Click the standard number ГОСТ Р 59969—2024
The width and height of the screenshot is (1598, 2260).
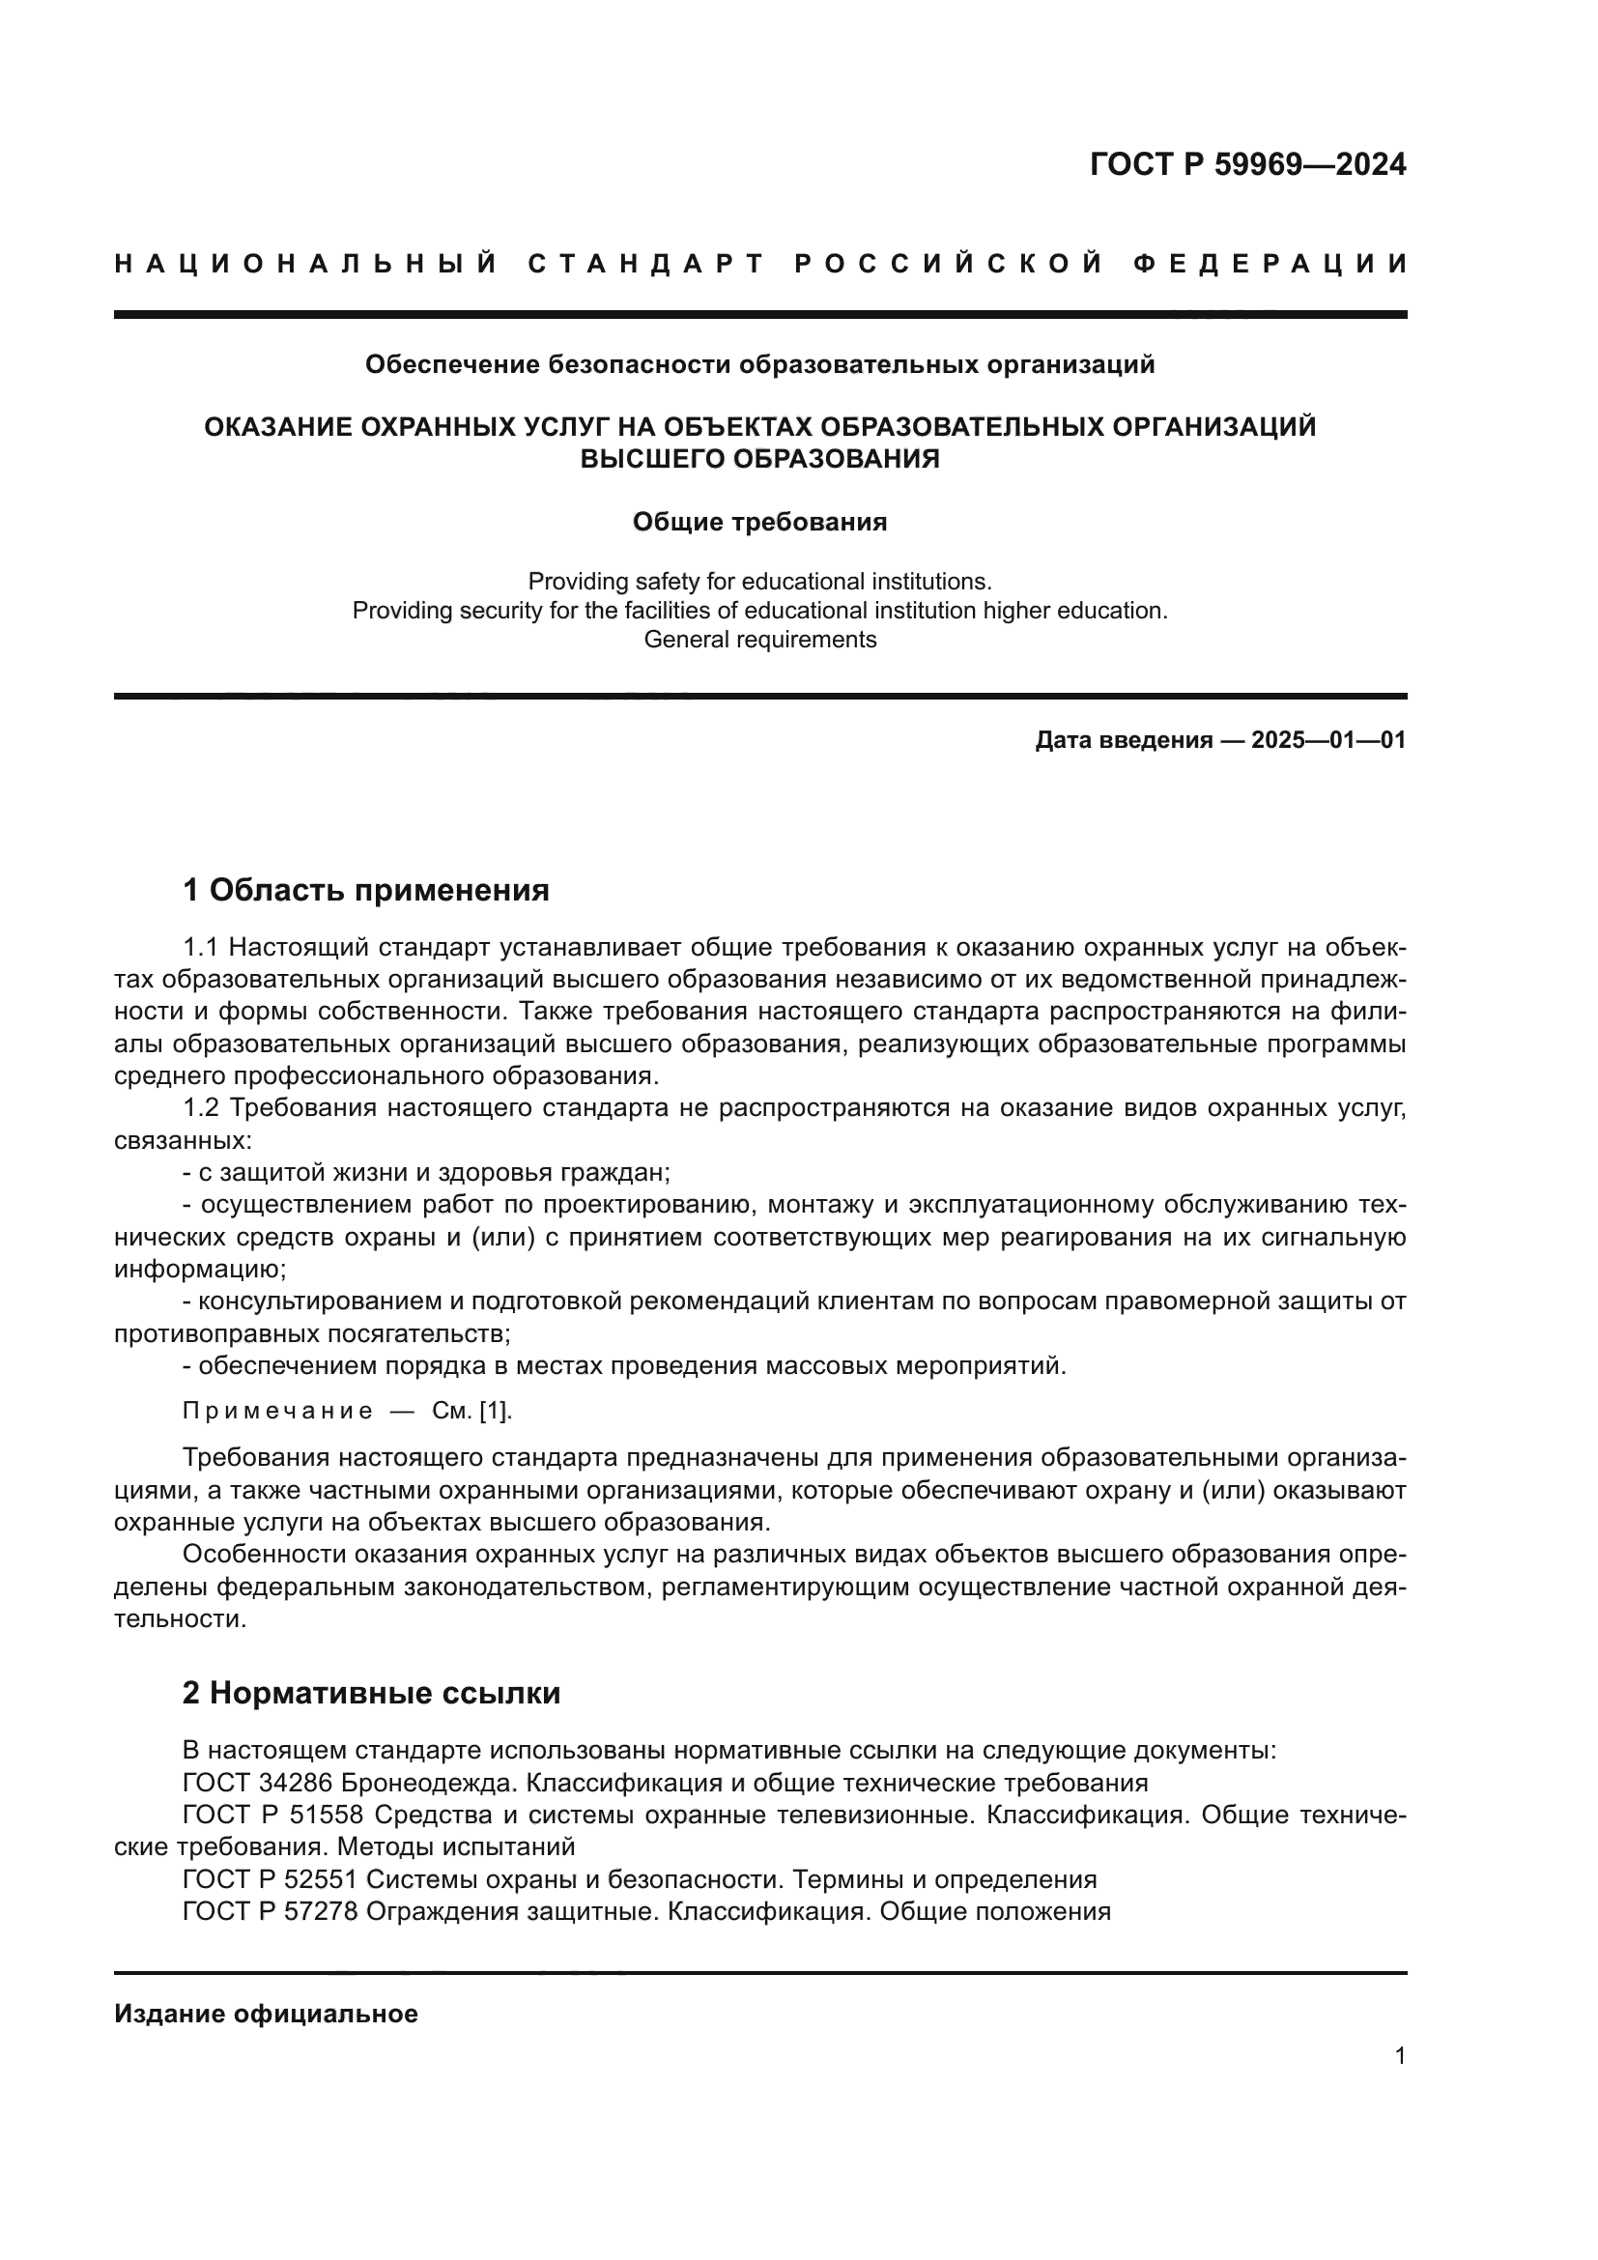pos(1246,164)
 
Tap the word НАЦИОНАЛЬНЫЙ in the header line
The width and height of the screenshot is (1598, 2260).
pos(305,264)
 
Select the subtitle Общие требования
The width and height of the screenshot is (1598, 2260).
pos(758,522)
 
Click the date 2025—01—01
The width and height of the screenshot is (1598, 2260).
pos(1327,740)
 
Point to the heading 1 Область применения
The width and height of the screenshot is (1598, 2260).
pos(366,891)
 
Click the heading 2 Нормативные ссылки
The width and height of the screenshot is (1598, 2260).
pos(371,1693)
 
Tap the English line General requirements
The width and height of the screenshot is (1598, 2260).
pos(758,640)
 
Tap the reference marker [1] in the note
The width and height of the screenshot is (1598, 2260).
pos(494,1411)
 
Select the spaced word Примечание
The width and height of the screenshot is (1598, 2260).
pos(277,1411)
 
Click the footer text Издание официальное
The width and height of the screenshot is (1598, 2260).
pos(266,2014)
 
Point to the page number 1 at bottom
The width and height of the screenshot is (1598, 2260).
pos(1399,2055)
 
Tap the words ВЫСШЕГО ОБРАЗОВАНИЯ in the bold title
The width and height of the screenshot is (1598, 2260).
pos(758,459)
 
